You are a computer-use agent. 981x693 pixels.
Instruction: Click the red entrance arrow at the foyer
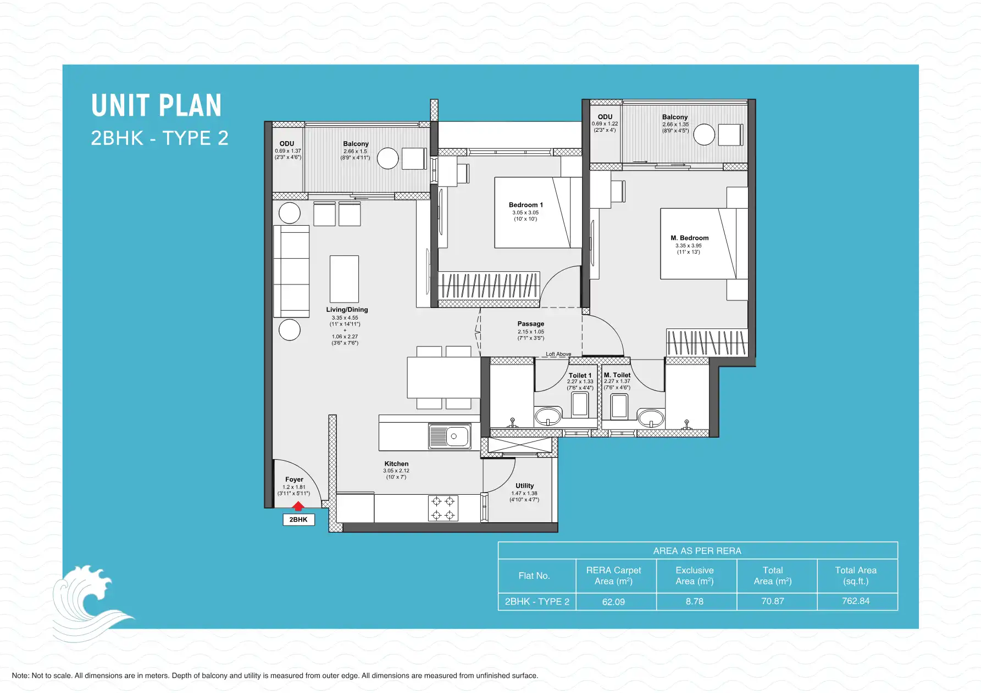pos(298,506)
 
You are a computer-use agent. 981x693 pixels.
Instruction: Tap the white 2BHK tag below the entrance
pos(298,519)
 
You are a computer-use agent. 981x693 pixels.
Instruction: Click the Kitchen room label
pos(396,464)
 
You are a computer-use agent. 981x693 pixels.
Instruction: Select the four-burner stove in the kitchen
pos(443,508)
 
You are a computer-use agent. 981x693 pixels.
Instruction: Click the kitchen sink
pos(450,437)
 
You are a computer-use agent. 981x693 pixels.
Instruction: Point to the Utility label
pos(524,486)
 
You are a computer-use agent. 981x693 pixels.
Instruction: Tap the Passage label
pos(530,324)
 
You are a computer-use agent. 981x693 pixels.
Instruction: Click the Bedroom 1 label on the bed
pos(525,205)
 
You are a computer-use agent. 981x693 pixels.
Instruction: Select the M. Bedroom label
pos(689,238)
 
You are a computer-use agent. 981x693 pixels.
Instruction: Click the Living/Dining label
pos(347,310)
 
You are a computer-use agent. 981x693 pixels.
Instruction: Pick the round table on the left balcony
pos(387,159)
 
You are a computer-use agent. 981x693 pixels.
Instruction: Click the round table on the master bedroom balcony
pos(704,135)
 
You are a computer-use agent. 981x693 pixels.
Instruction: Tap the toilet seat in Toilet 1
pos(580,405)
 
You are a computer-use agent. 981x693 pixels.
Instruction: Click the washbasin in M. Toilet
pos(651,417)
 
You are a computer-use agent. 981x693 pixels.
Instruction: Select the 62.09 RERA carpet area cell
pos(613,602)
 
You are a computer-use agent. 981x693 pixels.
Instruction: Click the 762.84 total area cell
pos(856,601)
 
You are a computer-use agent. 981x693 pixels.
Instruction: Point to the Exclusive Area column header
pos(695,575)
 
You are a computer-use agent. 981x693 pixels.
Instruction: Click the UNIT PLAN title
pos(157,106)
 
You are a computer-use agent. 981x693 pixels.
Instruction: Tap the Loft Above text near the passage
pos(558,354)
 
